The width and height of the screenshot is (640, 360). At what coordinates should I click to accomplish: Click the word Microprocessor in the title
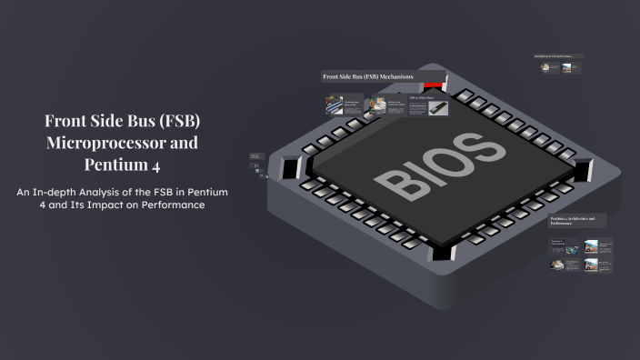[121, 144]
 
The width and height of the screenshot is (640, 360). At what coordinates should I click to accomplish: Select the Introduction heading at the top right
[557, 56]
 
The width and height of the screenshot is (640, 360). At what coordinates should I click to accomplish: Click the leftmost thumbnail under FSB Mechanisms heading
[335, 105]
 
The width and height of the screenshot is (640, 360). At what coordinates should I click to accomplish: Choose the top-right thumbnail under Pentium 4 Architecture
[592, 245]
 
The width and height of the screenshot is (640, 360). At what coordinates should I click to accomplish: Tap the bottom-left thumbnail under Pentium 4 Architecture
[557, 265]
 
